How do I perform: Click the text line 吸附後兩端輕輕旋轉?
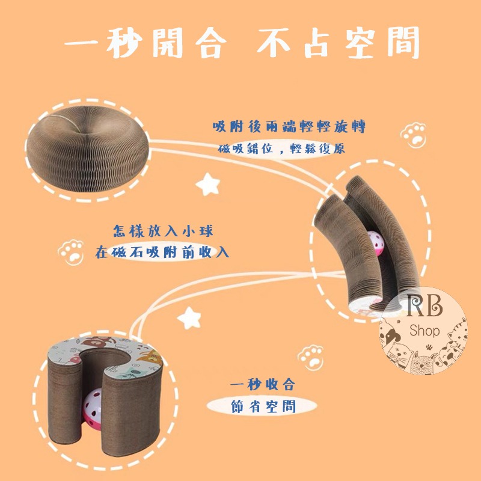[x=289, y=127]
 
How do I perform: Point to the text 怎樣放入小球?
[x=162, y=231]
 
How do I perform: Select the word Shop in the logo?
[x=424, y=331]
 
